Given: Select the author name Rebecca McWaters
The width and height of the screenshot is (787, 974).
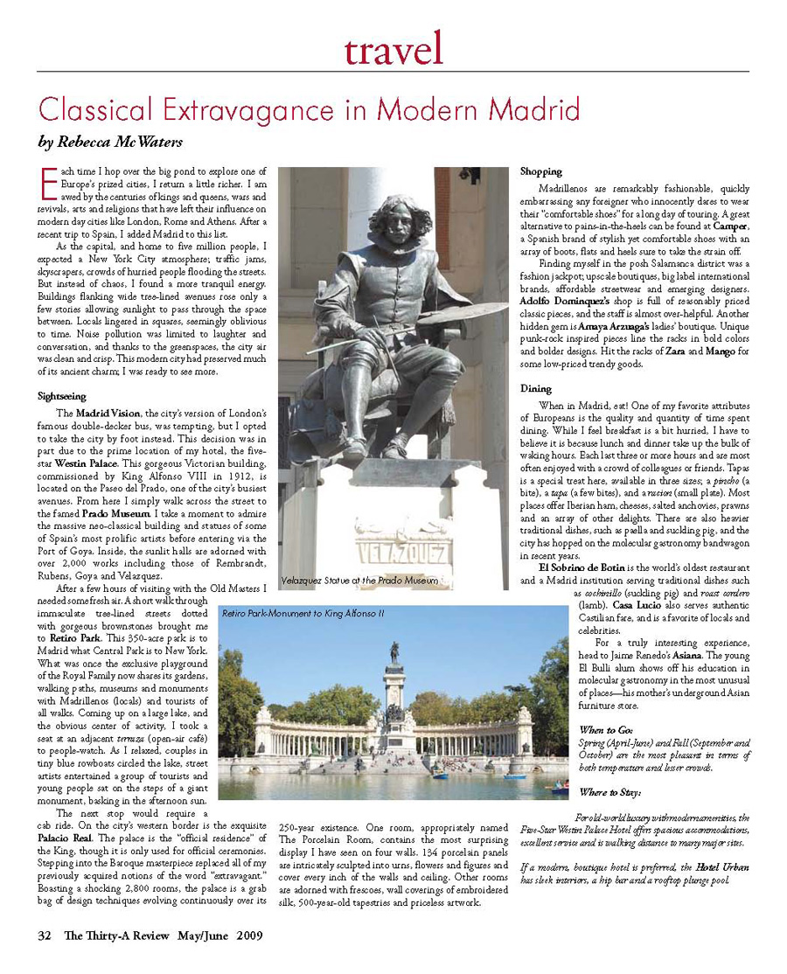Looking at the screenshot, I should tap(109, 141).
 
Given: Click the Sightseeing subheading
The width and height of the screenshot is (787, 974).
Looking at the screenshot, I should tap(62, 396).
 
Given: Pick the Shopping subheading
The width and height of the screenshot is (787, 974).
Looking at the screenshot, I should tap(541, 171).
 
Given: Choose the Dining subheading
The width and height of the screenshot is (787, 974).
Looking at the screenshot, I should tap(536, 388).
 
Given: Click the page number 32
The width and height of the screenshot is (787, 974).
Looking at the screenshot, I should tap(45, 936).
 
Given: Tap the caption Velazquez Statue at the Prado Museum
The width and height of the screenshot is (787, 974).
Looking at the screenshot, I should tap(359, 580).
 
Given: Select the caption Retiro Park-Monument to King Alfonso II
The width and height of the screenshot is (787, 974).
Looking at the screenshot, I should tap(303, 614).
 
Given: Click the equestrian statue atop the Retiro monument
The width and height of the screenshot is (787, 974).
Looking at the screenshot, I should tap(395, 650).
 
